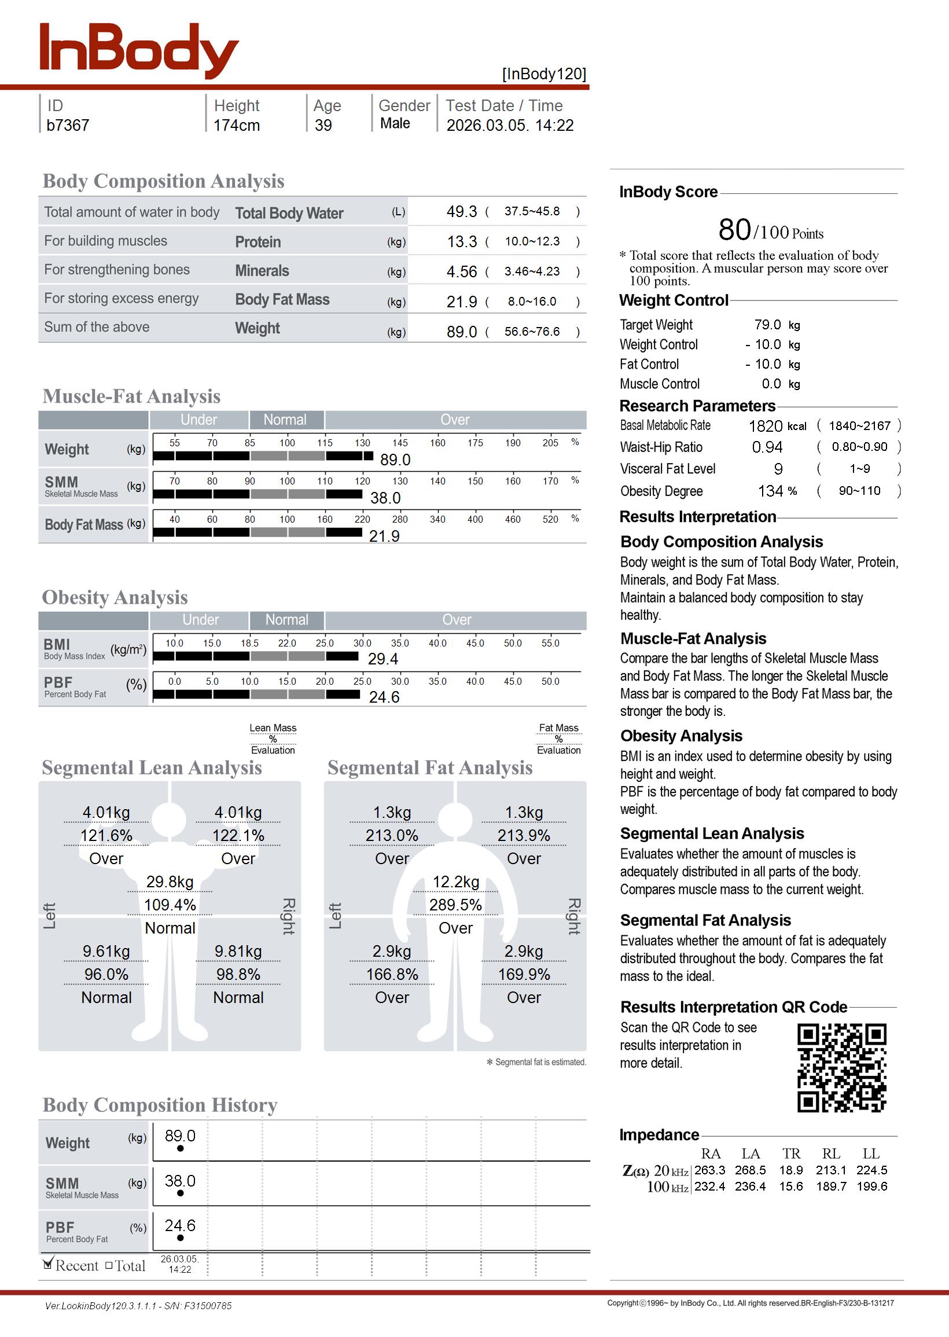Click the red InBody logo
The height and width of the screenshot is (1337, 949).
tap(138, 50)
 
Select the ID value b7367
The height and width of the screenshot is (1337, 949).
tap(68, 125)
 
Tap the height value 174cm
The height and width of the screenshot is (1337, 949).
tap(236, 125)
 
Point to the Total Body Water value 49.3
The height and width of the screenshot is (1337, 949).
tap(461, 211)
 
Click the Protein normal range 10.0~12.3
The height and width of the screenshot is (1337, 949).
tap(532, 241)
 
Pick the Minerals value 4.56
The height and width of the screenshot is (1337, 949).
tap(461, 271)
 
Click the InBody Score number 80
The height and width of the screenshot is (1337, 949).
tap(734, 230)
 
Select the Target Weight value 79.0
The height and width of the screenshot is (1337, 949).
tap(767, 325)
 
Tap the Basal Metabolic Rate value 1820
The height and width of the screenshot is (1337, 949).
tap(765, 426)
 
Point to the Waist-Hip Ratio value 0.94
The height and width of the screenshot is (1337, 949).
tap(767, 447)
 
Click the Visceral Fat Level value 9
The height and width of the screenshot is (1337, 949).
tap(778, 469)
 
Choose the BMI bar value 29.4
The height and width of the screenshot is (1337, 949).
tap(382, 659)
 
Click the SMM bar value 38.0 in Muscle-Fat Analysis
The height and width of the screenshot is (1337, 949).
tap(385, 498)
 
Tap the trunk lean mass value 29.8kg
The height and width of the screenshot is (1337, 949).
tap(170, 882)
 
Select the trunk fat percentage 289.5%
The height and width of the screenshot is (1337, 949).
tap(455, 905)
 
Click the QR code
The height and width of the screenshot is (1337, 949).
tap(841, 1068)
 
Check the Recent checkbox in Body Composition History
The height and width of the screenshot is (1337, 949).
tap(49, 1265)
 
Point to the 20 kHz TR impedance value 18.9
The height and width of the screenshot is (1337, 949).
tap(790, 1170)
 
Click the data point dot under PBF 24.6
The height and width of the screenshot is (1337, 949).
tap(180, 1237)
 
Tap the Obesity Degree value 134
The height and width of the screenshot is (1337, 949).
tap(770, 491)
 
